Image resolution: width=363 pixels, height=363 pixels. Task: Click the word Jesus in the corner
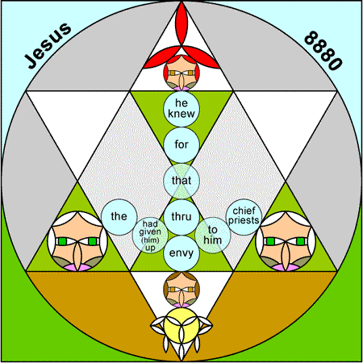[x=48, y=45]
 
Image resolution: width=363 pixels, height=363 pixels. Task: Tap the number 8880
[x=323, y=51]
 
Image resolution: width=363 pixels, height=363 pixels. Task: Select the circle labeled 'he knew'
[x=181, y=109]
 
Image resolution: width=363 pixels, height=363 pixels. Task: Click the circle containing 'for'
[x=181, y=145]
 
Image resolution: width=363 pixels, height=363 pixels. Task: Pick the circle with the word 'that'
[x=181, y=181]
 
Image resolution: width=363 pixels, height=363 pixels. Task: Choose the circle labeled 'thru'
[x=181, y=217]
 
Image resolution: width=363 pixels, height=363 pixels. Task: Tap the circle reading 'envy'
[x=181, y=253]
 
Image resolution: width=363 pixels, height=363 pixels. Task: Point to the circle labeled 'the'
[x=119, y=217]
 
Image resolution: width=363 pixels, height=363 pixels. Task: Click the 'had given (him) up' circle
[x=150, y=236]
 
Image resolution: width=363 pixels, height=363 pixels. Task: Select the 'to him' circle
[x=213, y=236]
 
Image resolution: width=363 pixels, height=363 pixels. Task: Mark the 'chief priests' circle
[x=244, y=217]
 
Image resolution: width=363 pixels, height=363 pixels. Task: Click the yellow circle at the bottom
[x=181, y=326]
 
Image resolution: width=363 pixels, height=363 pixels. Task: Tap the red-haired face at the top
[x=181, y=73]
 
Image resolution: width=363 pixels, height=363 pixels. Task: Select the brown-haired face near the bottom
[x=181, y=290]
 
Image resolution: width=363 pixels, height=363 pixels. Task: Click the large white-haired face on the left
[x=77, y=241]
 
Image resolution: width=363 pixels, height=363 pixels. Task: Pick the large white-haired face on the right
[x=286, y=241]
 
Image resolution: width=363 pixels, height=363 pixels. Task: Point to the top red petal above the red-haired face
[x=181, y=24]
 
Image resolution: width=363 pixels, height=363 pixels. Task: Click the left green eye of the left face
[x=62, y=241]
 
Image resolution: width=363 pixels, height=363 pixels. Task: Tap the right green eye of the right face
[x=301, y=241]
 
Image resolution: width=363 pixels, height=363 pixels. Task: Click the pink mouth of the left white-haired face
[x=77, y=268]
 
